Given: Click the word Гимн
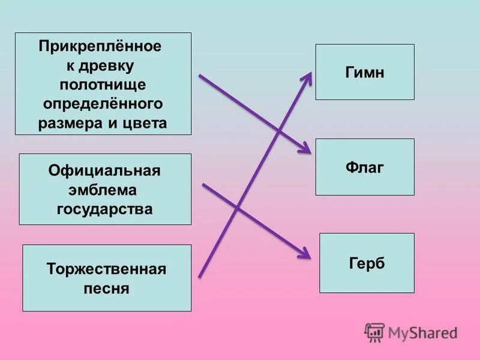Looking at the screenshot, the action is [364, 73].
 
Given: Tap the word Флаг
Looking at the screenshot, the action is [364, 167].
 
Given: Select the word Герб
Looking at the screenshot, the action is [366, 263].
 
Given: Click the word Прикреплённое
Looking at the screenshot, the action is [101, 46].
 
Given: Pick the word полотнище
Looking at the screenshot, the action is [103, 84].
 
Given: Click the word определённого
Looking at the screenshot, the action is [103, 104].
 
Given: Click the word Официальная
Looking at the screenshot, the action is [104, 171].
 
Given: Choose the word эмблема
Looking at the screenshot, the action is [104, 190].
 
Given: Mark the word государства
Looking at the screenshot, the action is [104, 209].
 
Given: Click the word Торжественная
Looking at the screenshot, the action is [106, 268].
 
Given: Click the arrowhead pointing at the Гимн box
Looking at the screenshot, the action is [308, 76].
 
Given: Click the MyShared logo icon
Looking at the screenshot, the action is [374, 332].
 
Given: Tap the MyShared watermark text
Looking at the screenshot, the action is [422, 332].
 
